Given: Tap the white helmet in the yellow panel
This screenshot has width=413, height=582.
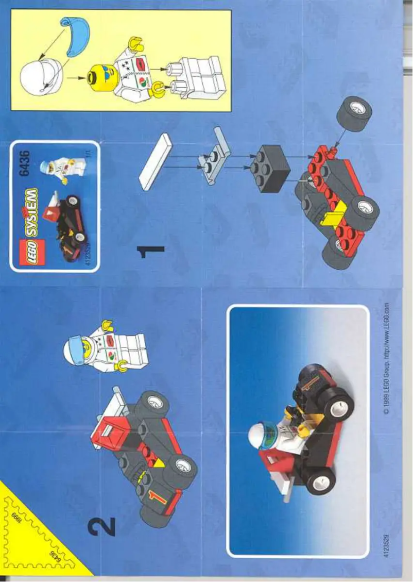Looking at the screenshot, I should pos(41,77).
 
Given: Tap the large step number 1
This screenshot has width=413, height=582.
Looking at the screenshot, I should pos(150,252).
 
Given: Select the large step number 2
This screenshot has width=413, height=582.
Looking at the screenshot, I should pos(101,525).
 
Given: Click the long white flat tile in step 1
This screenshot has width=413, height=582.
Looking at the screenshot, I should pos(155,161).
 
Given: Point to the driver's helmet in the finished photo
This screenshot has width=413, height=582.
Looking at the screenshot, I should pos(263,436).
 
